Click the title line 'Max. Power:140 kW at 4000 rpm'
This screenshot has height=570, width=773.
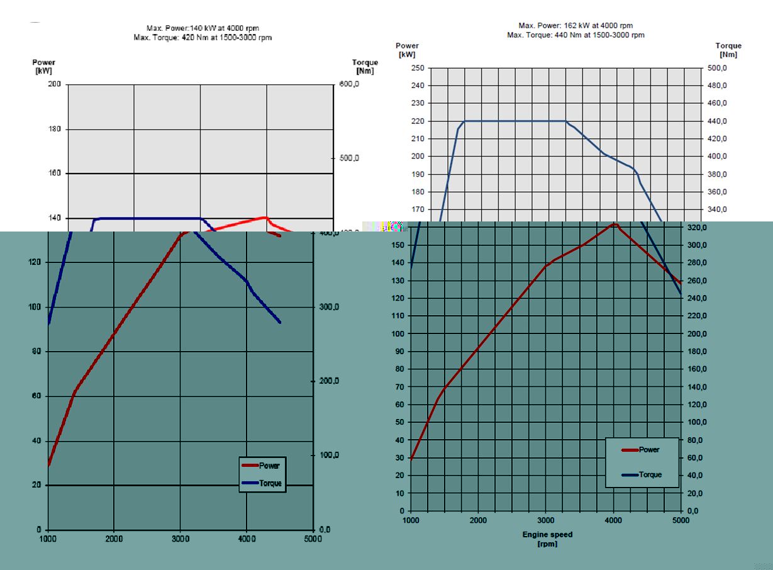[x=203, y=28]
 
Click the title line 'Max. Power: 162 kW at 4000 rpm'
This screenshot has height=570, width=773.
[x=576, y=26]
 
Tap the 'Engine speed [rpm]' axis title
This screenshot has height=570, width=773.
[x=547, y=539]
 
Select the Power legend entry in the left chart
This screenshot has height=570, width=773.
[x=262, y=466]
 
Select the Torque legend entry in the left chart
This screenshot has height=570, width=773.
[x=262, y=484]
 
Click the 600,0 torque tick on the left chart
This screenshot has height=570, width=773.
[x=349, y=84]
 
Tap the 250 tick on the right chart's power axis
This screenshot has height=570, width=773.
[x=418, y=68]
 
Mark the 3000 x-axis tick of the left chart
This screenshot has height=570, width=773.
[x=180, y=539]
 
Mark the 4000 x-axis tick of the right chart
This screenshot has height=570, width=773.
[x=613, y=520]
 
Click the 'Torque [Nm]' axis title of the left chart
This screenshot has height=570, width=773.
[x=365, y=67]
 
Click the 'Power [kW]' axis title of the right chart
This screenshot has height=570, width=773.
[x=407, y=50]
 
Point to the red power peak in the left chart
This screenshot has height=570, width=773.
[x=266, y=217]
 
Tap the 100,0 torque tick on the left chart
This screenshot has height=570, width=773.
[x=331, y=455]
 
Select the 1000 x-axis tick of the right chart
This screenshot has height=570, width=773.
[x=411, y=520]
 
